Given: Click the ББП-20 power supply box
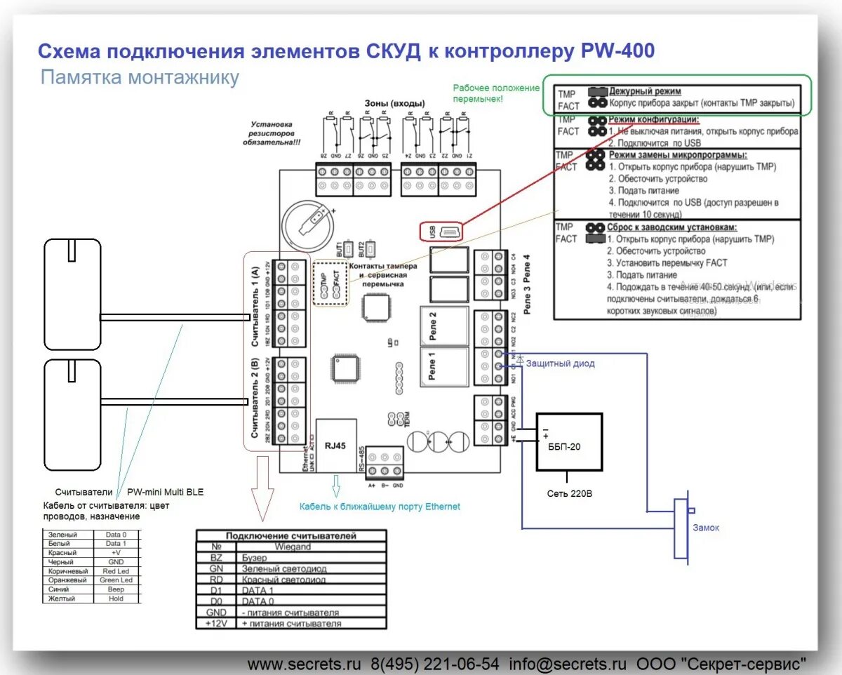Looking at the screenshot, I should point(569,442).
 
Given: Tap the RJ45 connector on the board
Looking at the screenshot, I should point(335,444).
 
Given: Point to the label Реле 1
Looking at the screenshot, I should point(432,366).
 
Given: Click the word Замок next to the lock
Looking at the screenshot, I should point(705,528).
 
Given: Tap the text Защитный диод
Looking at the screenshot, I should point(560,363).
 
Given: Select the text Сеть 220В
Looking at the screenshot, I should point(570,493).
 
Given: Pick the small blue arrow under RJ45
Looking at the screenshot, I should point(335,485).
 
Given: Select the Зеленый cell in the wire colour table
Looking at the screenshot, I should point(63,535).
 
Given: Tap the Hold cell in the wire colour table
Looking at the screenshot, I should point(116,599).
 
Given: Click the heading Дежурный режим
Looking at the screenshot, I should point(644,91).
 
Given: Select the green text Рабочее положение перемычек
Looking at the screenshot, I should point(495,93).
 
